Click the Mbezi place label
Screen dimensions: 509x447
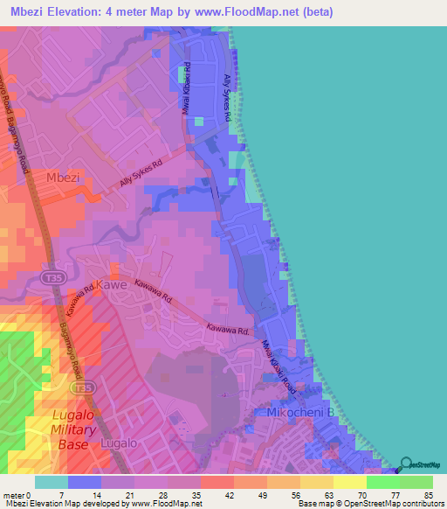(63, 177)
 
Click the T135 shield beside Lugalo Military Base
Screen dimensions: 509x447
(83, 387)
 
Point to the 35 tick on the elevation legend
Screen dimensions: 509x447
(200, 495)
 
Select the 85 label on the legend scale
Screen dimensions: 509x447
(428, 495)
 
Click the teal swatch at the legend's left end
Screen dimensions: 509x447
(51, 482)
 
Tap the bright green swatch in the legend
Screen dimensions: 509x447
(382, 482)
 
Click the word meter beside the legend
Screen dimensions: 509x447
(15, 495)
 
